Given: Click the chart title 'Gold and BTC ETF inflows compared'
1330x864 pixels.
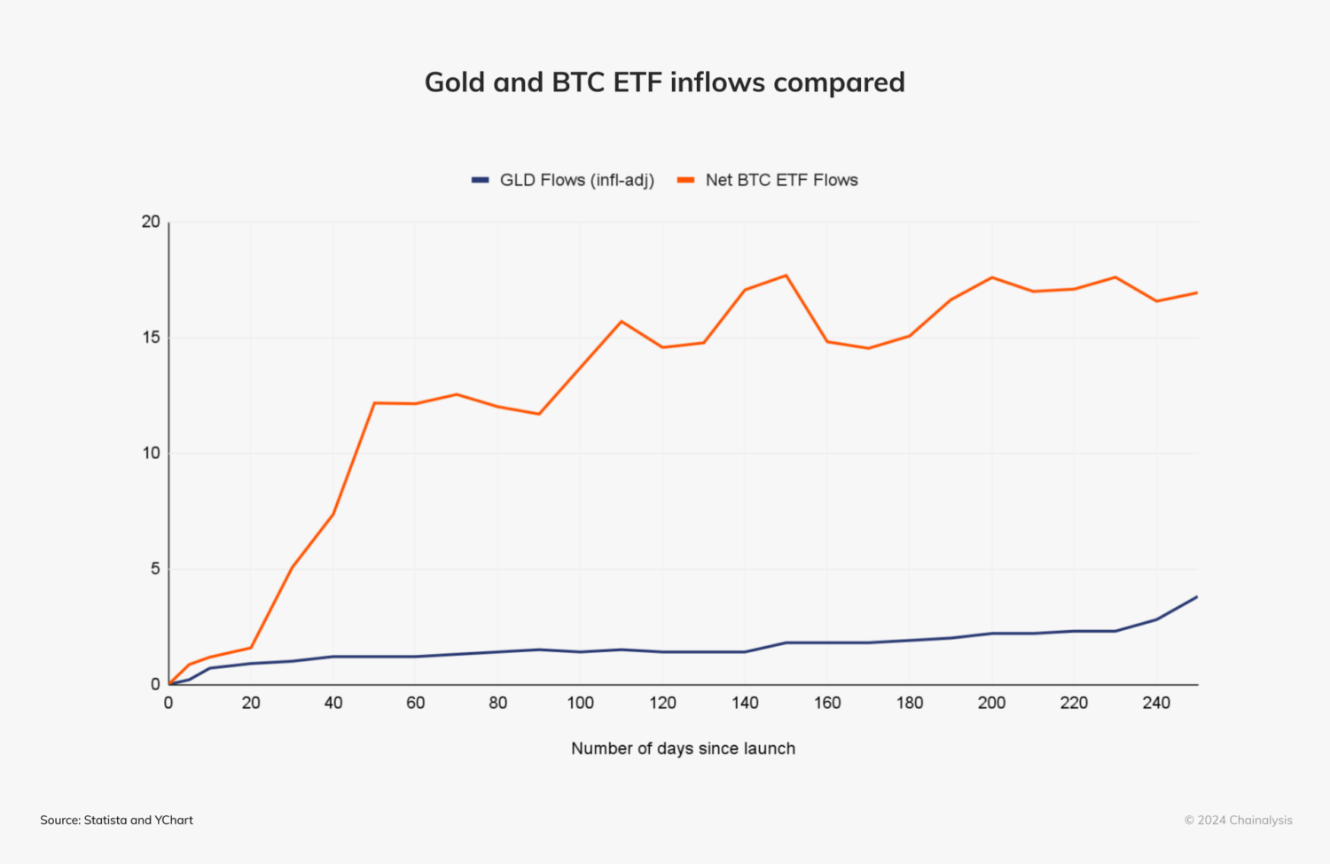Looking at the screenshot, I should (664, 82).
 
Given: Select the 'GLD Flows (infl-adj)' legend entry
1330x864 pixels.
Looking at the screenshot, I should (563, 180).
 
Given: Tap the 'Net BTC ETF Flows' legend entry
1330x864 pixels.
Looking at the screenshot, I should (768, 180).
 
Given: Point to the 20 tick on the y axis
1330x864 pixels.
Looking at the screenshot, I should (151, 222).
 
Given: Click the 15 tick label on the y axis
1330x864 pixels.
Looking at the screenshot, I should (151, 338).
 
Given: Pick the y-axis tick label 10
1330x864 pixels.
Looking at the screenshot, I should (151, 453).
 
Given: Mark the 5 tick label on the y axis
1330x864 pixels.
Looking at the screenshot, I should (155, 569).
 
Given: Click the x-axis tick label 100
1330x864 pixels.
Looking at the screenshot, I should (580, 703).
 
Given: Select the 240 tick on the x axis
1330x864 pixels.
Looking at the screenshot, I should (1156, 703).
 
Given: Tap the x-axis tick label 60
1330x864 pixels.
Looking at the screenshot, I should (415, 703).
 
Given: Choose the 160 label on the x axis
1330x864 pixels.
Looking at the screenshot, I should (826, 703).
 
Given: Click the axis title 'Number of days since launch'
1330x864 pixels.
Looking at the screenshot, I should (683, 749).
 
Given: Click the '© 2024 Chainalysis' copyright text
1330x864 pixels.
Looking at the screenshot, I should (1238, 821).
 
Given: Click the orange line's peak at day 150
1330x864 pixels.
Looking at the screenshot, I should (786, 276).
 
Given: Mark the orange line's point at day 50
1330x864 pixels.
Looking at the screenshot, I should (374, 403).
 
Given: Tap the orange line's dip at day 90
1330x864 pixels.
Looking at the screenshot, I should (539, 414).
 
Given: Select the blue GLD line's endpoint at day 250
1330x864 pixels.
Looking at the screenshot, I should (1197, 596).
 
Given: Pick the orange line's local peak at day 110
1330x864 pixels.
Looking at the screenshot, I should (622, 321).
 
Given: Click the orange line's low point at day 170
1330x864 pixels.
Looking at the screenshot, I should (868, 348).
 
